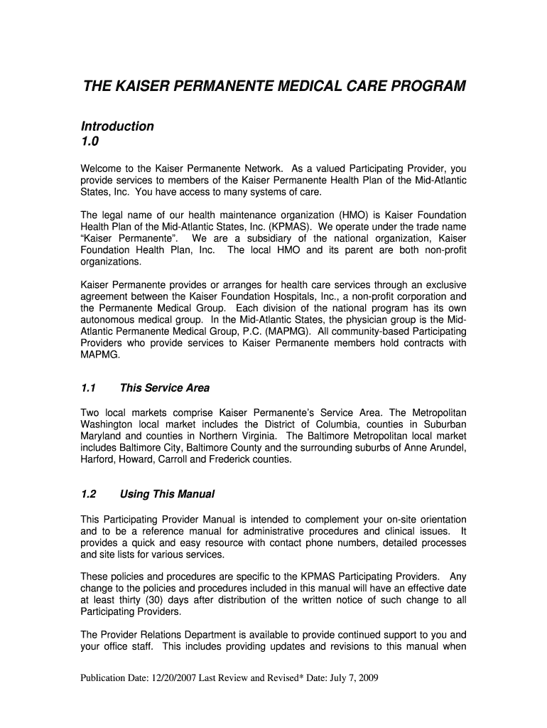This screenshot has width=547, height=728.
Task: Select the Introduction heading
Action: click(117, 127)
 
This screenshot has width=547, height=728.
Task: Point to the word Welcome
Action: click(102, 169)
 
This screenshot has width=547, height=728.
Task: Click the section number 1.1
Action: click(88, 388)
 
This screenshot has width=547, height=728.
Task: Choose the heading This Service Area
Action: click(165, 388)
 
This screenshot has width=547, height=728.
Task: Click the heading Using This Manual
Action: click(167, 494)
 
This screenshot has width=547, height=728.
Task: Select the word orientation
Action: click(440, 520)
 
